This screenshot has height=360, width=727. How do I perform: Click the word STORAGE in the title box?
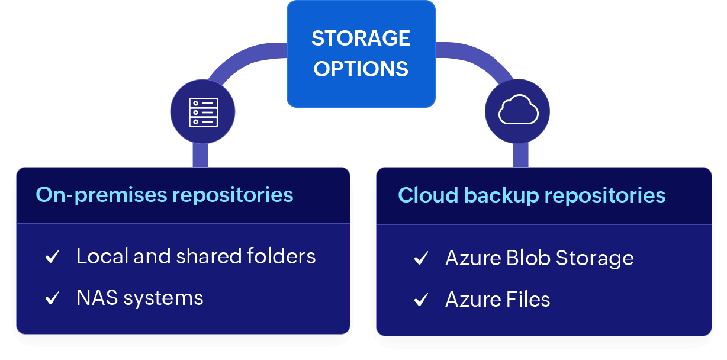coord(361,38)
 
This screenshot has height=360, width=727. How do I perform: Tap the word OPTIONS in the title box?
coord(361,69)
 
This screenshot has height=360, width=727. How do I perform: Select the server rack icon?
coord(203,112)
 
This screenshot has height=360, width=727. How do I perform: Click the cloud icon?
coord(518,111)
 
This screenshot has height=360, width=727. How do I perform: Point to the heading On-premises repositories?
coord(165,195)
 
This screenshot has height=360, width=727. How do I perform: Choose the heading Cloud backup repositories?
coord(532,195)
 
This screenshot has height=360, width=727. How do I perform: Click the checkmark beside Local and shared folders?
coord(53,257)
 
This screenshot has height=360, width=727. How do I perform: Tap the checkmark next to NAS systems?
coord(53,298)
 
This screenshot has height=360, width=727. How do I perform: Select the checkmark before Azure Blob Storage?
coord(421,259)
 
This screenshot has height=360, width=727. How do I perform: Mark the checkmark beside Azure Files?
coord(421,300)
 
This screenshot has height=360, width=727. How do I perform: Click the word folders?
coord(281,256)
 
